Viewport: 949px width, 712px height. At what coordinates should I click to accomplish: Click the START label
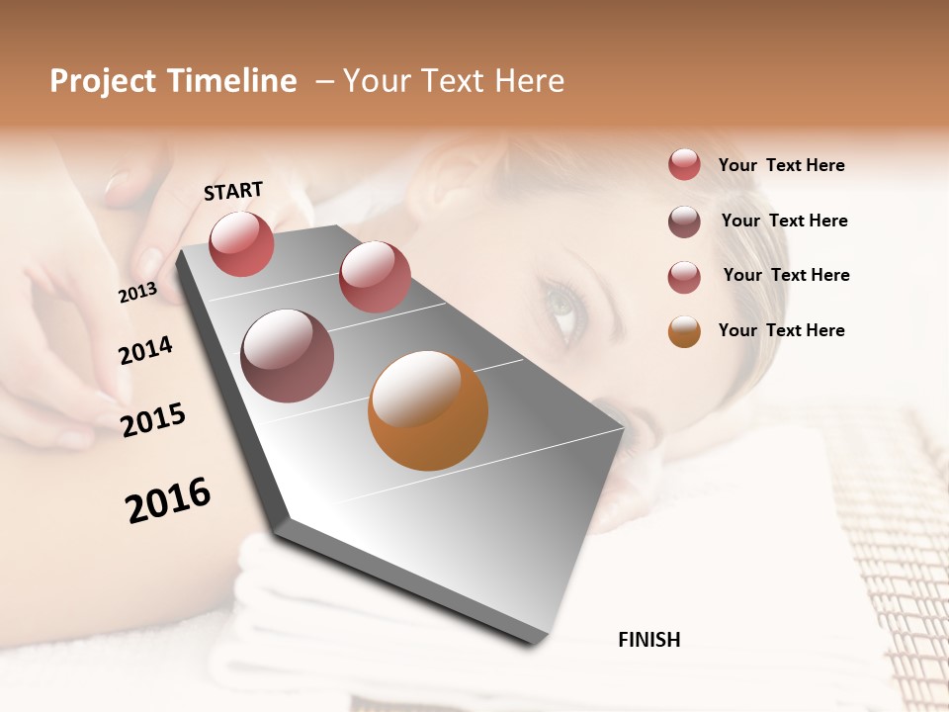point(233,191)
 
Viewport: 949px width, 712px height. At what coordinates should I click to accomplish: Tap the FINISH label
point(648,640)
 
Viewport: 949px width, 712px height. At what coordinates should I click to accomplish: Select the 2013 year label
point(137,293)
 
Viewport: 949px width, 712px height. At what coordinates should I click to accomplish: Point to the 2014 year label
point(145,350)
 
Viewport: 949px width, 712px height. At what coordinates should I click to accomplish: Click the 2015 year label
point(152,420)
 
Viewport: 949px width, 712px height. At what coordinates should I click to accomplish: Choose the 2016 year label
point(168,500)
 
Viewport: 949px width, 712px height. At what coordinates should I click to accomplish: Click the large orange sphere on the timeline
point(428,410)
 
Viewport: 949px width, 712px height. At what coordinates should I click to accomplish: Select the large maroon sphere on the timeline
point(288,356)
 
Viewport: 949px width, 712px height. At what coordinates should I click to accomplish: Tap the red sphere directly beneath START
point(241,243)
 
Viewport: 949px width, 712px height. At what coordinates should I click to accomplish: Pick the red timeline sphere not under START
point(375,277)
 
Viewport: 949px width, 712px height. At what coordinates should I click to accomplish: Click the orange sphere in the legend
point(684,331)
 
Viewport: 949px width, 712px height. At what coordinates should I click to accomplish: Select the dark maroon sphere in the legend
point(684,222)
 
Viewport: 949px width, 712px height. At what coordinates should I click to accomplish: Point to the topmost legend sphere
point(684,164)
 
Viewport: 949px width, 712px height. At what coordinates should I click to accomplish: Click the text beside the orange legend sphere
point(781,330)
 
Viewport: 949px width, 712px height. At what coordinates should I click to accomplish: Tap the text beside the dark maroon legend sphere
point(784,221)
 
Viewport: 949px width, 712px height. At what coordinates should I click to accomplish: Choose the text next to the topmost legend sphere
point(781,165)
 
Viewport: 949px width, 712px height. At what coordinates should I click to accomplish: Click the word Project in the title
point(103,81)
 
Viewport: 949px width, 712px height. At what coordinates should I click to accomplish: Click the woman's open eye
point(563,307)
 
